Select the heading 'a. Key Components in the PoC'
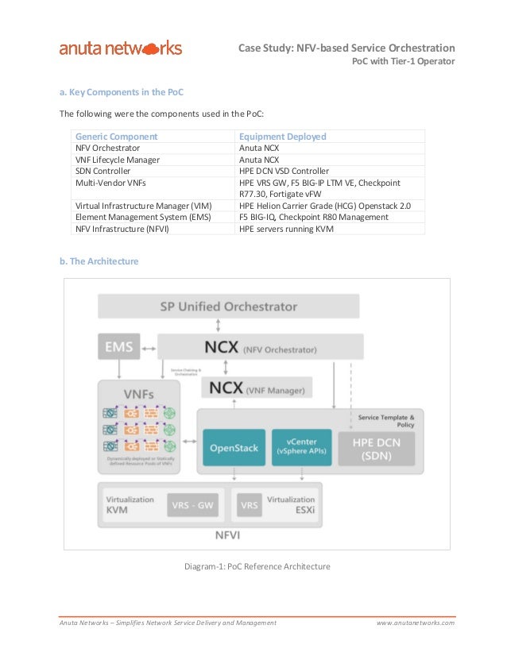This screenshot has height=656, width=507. point(122,91)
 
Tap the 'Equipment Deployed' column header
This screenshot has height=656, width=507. point(283,137)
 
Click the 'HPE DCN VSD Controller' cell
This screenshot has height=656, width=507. point(284,171)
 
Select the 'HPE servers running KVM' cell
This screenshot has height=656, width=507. point(286,229)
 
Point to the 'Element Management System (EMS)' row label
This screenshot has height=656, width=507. point(143,217)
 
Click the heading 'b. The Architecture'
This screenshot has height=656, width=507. point(99,260)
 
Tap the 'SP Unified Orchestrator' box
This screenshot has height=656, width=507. point(228,306)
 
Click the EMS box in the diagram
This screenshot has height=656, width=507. point(119,346)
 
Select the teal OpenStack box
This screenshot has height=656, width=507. point(234,448)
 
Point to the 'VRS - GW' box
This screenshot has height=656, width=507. point(193,505)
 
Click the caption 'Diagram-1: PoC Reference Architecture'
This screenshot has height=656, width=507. point(257,567)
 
